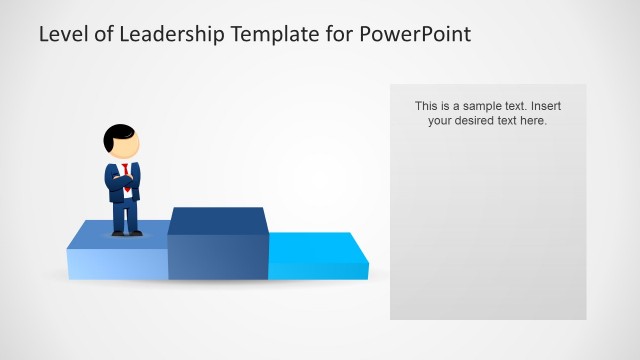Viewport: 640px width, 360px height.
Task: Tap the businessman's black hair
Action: [x=118, y=133]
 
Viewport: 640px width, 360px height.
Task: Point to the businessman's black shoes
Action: [x=126, y=233]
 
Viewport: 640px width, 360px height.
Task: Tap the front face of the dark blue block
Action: [x=217, y=258]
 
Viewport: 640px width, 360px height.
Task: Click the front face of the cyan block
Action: [x=318, y=270]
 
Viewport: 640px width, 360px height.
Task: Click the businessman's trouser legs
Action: [x=125, y=214]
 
